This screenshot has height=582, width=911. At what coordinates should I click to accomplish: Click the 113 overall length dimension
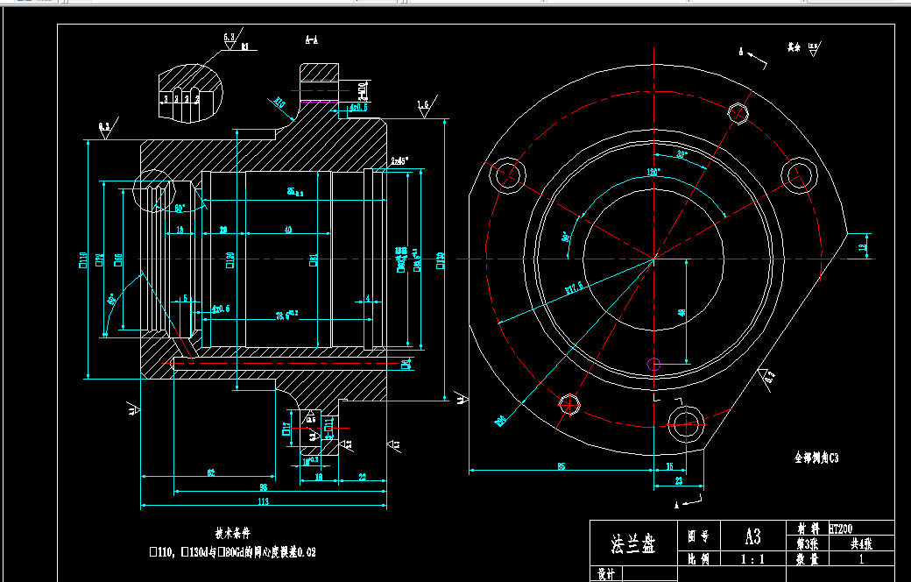click(x=261, y=502)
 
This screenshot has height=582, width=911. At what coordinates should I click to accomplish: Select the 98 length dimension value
click(x=262, y=487)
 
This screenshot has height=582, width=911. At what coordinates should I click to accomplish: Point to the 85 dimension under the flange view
click(x=561, y=466)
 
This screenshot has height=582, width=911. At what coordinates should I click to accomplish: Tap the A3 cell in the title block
click(x=752, y=536)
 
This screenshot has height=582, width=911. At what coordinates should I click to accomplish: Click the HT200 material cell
click(x=840, y=529)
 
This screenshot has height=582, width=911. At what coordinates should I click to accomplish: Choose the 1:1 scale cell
click(x=752, y=558)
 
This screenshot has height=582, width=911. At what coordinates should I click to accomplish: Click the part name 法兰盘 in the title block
click(x=632, y=544)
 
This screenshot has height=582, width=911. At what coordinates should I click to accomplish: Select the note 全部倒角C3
click(x=816, y=458)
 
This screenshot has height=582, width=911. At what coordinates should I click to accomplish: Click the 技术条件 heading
click(x=233, y=533)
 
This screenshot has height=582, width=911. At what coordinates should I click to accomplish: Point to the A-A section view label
click(x=311, y=39)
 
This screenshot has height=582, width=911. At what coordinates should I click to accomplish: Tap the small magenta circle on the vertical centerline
click(x=652, y=362)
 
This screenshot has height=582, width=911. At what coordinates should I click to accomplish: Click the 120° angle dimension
click(x=653, y=172)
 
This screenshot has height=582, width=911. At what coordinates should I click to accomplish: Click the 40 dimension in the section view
click(x=288, y=230)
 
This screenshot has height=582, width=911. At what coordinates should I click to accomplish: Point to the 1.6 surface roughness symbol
click(x=424, y=105)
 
